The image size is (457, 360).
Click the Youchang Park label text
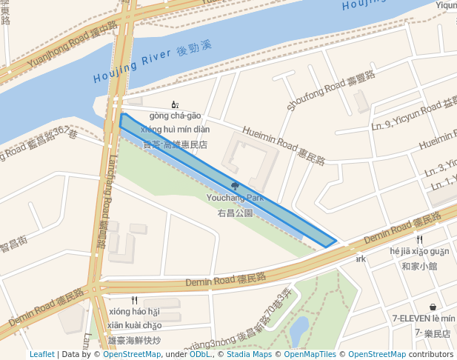pyautogui.click(x=235, y=199)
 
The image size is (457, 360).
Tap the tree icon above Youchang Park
pyautogui.click(x=235, y=187)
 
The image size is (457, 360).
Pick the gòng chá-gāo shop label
pyautogui.click(x=175, y=116)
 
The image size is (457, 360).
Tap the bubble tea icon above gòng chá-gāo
pyautogui.click(x=175, y=105)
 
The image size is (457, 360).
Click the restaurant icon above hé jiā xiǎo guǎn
pyautogui.click(x=419, y=239)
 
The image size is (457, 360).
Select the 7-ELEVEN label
pyautogui.click(x=416, y=318)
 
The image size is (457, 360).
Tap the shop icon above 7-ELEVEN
pyautogui.click(x=433, y=307)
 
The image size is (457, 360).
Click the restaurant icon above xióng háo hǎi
pyautogui.click(x=134, y=300)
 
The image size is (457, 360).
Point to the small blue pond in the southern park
pyautogui.click(x=299, y=329)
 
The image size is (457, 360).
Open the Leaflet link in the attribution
pyautogui.click(x=42, y=354)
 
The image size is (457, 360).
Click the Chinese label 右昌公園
pyautogui.click(x=235, y=213)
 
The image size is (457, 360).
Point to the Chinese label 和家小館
pyautogui.click(x=419, y=266)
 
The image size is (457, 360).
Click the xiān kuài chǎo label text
pyautogui.click(x=134, y=325)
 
